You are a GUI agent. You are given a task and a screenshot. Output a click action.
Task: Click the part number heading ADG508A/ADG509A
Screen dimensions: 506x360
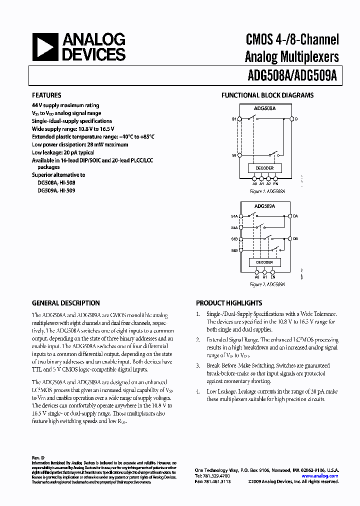(292, 75)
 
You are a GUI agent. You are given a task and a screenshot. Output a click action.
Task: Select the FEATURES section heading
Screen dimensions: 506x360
(46, 95)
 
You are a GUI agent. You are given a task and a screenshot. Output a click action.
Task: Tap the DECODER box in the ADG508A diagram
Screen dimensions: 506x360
(264, 168)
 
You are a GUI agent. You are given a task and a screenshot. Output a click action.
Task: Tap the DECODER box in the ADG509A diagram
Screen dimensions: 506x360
(264, 262)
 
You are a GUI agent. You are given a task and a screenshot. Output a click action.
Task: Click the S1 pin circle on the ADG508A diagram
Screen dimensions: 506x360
(239, 119)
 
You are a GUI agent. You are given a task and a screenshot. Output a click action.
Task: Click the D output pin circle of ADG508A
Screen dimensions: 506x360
(291, 119)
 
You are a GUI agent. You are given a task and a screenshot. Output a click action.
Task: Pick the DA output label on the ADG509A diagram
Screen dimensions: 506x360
(296, 216)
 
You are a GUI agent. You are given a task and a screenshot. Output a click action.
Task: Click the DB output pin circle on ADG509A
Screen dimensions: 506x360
(290, 239)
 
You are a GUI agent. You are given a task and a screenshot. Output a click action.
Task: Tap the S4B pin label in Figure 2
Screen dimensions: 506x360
(234, 250)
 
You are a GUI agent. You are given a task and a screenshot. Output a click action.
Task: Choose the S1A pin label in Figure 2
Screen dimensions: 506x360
(234, 216)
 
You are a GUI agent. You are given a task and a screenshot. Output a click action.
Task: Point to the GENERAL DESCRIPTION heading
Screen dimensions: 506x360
(65, 303)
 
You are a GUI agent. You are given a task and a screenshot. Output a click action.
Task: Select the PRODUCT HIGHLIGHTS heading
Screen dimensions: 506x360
(229, 303)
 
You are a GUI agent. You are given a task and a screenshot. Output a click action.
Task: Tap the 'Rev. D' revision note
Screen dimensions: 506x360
(38, 458)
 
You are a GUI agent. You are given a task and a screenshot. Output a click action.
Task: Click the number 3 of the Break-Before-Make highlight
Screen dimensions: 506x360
(198, 365)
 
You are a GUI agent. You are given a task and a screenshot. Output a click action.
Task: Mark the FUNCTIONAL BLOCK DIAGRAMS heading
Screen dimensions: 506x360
(267, 95)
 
